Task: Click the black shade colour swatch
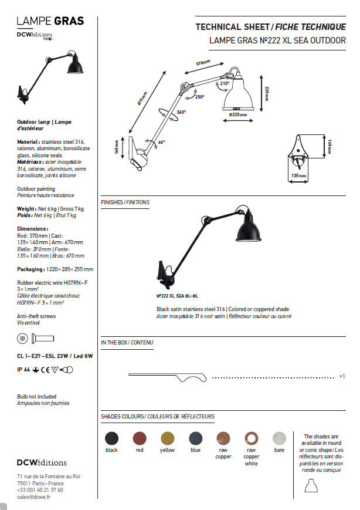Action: point(111,438)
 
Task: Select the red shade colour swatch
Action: point(139,438)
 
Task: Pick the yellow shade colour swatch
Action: point(167,438)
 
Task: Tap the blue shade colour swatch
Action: point(195,438)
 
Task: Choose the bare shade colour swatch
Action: point(279,438)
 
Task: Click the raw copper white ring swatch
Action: point(251,438)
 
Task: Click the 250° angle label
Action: point(200,97)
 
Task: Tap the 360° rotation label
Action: point(181,112)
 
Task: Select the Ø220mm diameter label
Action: point(238,114)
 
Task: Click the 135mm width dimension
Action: point(299,175)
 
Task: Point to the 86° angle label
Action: point(161,141)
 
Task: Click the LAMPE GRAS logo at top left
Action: point(50,21)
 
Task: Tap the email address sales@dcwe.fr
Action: point(33,497)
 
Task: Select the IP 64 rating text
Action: point(23,369)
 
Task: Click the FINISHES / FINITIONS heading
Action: point(125,202)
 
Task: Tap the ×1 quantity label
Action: point(341,376)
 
